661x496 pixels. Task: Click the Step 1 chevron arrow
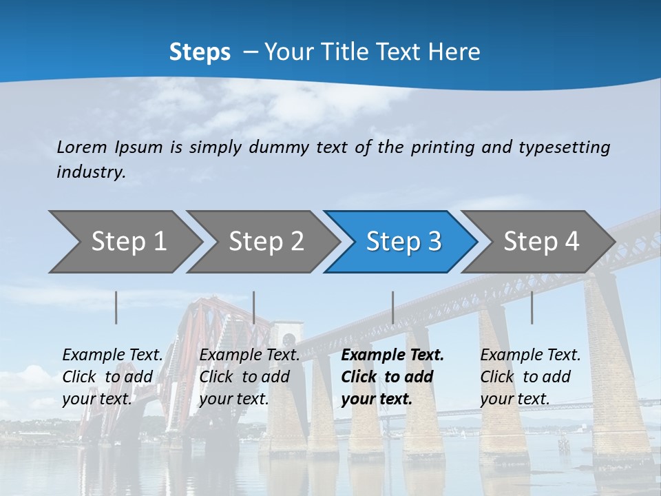(128, 242)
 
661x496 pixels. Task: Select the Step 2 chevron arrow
(266, 242)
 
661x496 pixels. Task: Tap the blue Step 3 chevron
(403, 242)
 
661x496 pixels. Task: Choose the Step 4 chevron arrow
(541, 242)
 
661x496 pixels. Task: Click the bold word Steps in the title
(200, 52)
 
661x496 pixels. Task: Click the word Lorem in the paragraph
(82, 147)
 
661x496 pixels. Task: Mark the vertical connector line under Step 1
(116, 307)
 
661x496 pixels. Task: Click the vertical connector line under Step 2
(254, 307)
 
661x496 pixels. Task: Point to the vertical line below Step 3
(393, 307)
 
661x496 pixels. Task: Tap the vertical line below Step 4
(532, 307)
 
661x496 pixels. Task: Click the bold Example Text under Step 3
(392, 355)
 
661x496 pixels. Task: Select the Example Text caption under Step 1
(113, 355)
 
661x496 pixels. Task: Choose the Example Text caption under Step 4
(530, 355)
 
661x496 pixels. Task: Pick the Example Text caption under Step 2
(249, 355)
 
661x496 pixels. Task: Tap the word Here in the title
(454, 52)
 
